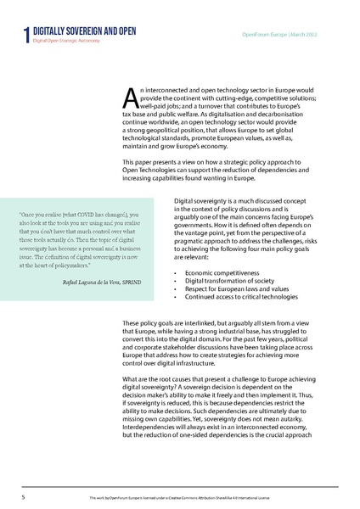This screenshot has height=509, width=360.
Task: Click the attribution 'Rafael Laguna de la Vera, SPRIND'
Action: (x=105, y=281)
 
